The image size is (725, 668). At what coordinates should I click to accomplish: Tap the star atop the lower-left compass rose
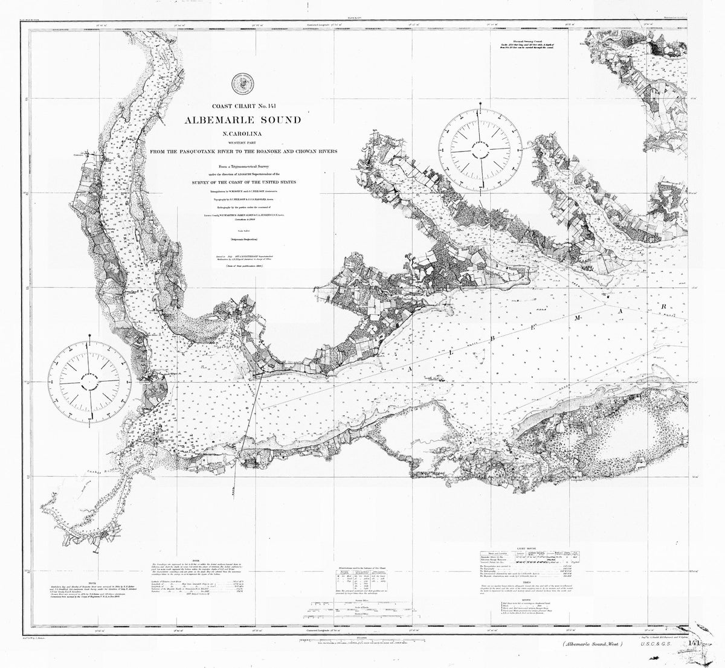91,335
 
